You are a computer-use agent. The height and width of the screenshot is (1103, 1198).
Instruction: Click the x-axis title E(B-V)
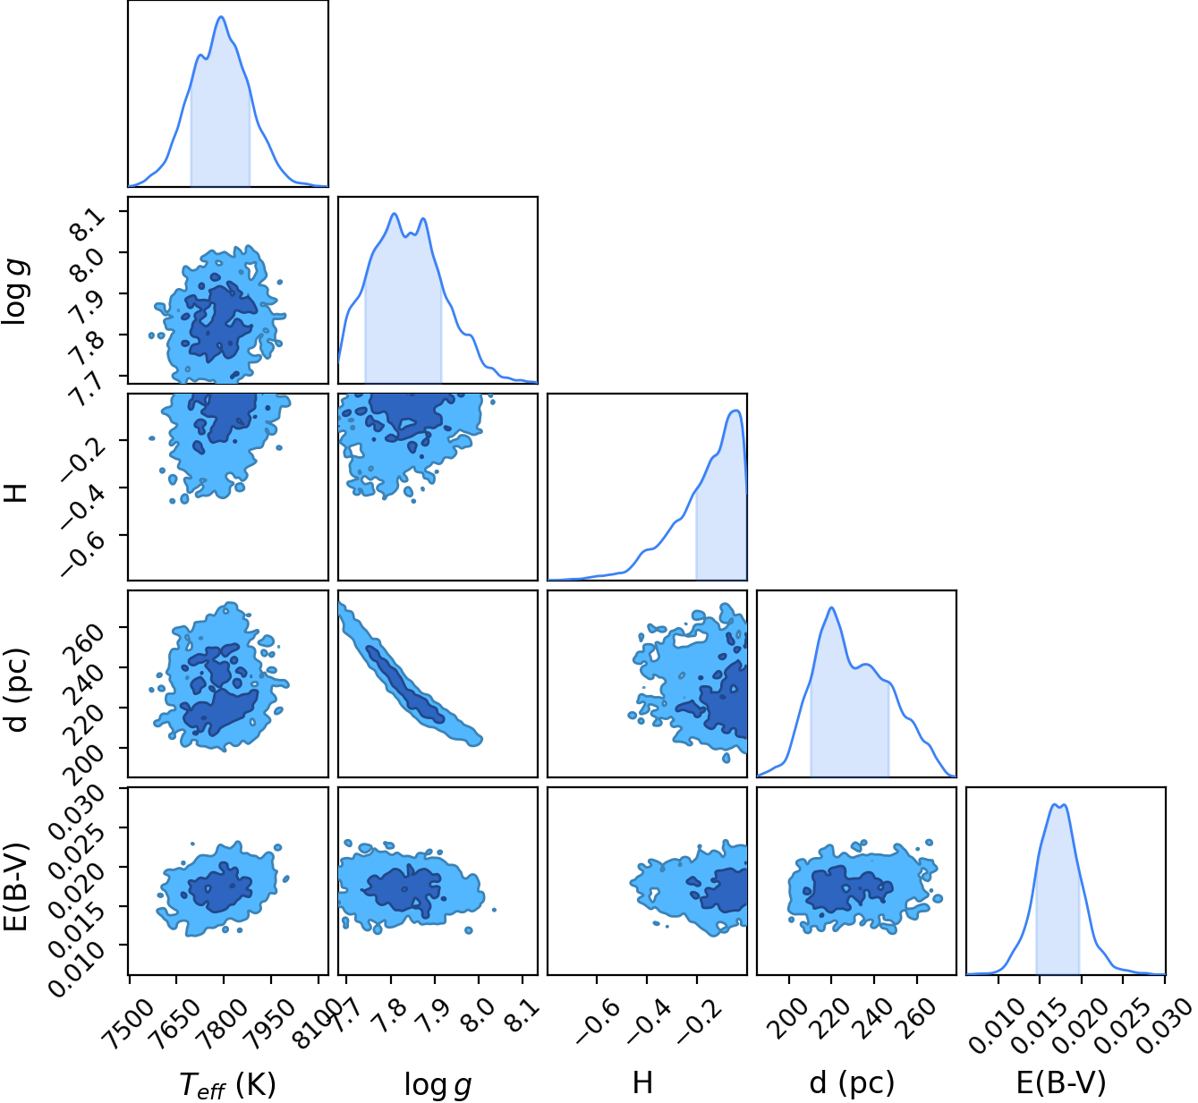(1061, 1082)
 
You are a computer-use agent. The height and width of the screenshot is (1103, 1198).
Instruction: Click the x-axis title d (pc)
(852, 1082)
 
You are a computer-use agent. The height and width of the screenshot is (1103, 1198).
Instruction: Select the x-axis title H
(642, 1082)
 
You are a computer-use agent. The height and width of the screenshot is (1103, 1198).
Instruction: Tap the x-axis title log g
(438, 1084)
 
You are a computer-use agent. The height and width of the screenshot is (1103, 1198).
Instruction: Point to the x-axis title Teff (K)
(227, 1084)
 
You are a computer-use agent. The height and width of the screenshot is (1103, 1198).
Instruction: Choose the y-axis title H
(16, 493)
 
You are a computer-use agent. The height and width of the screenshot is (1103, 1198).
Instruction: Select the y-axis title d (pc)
(18, 690)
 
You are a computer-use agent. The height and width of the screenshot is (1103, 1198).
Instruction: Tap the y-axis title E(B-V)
(16, 887)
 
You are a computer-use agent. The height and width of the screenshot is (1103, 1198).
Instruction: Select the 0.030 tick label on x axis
(1167, 1015)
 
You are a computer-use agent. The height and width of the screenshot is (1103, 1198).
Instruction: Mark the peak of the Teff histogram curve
(222, 17)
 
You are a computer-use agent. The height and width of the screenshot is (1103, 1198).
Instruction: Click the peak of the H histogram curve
(735, 411)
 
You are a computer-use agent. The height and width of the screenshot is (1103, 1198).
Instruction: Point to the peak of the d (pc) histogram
(830, 608)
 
